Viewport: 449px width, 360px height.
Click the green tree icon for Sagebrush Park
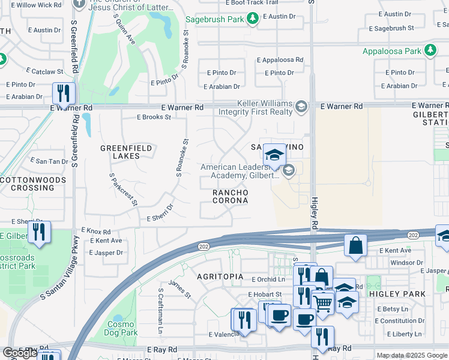(253, 19)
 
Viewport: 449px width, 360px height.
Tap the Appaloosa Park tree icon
(430, 51)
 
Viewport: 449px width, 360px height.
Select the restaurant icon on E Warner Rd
(62, 94)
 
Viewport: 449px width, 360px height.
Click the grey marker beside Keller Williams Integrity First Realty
(301, 107)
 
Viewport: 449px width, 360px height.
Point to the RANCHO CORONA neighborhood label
(231, 196)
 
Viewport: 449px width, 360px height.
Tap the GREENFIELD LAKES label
(120, 152)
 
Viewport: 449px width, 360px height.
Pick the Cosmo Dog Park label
(120, 328)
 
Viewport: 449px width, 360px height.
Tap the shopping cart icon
(323, 302)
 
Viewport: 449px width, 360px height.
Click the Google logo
(19, 353)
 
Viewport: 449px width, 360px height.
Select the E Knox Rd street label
(96, 231)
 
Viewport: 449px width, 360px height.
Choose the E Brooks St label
(154, 117)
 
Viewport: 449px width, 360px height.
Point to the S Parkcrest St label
(124, 190)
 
